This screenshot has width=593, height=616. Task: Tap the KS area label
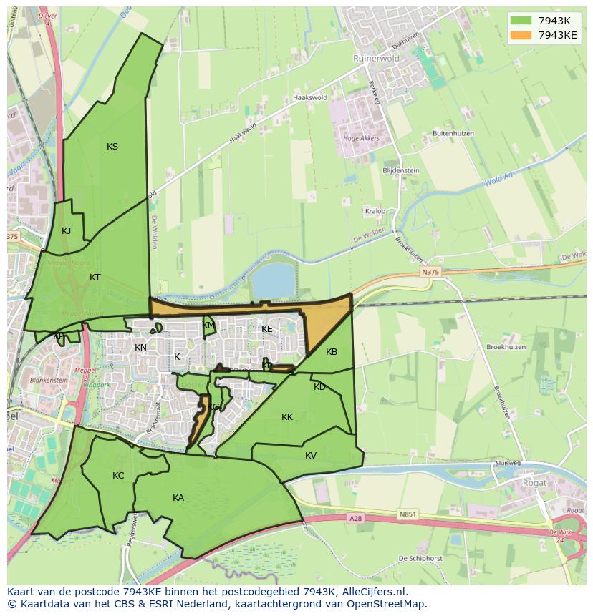tap(112, 147)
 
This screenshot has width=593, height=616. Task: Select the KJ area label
tap(66, 230)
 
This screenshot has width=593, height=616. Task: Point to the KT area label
tap(95, 277)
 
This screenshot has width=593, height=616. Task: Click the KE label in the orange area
tap(267, 329)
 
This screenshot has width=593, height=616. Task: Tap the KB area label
tap(332, 352)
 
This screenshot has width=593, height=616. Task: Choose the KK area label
tap(287, 417)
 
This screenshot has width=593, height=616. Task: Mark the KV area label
tap(311, 456)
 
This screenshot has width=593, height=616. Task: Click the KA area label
tap(178, 498)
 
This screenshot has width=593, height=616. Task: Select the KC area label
tap(118, 476)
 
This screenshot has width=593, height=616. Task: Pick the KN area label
tap(140, 348)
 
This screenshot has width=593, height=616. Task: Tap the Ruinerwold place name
tap(375, 59)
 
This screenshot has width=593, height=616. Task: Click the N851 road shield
tap(408, 514)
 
